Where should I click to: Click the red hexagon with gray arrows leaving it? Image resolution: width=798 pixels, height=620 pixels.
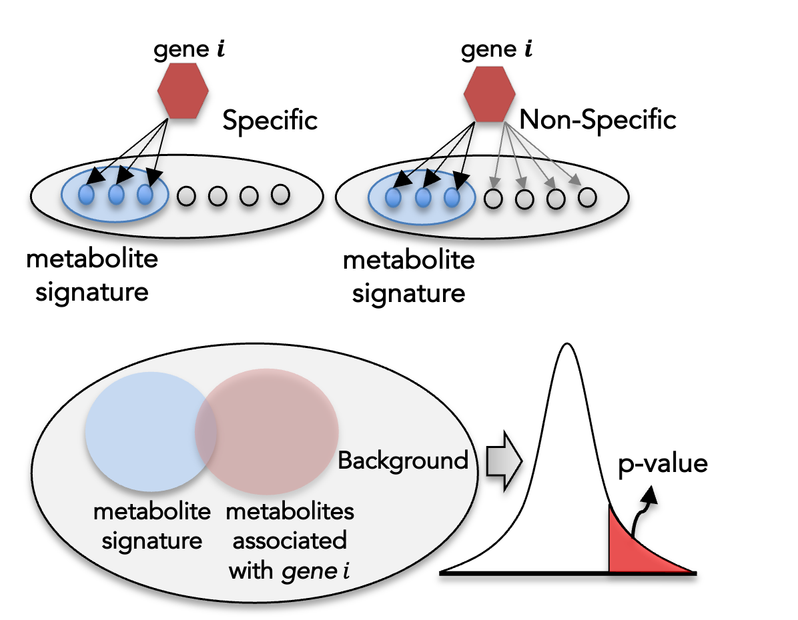tap(489, 93)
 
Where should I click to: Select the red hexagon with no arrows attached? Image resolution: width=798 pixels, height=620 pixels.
tap(183, 91)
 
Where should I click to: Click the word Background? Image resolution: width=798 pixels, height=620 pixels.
tap(403, 461)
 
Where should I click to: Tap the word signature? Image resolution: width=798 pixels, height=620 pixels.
tap(151, 541)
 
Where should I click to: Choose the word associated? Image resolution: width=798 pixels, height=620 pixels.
tap(290, 541)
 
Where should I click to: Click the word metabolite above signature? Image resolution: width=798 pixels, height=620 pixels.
tap(151, 512)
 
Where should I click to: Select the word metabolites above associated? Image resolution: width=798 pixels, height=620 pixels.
tap(290, 512)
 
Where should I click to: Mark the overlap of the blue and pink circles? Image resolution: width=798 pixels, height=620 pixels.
tap(206, 430)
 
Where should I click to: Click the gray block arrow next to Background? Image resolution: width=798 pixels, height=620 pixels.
tap(504, 461)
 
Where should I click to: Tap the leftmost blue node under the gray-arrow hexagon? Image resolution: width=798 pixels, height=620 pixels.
tap(393, 198)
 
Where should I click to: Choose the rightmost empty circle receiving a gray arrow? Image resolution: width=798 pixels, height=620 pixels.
tap(586, 197)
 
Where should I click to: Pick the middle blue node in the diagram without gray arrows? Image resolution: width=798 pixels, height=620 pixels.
tap(116, 195)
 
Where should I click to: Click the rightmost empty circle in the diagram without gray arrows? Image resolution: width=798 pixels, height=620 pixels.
tap(280, 194)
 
